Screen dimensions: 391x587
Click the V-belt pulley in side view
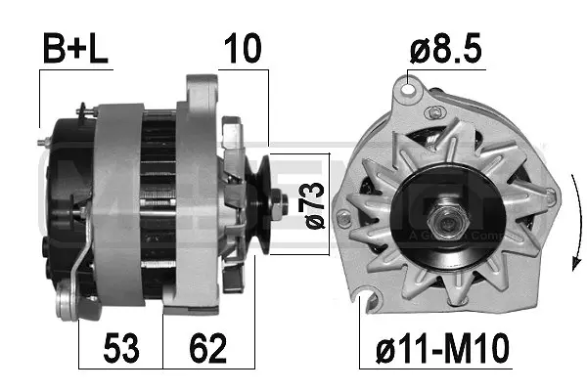pos(258,205)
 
